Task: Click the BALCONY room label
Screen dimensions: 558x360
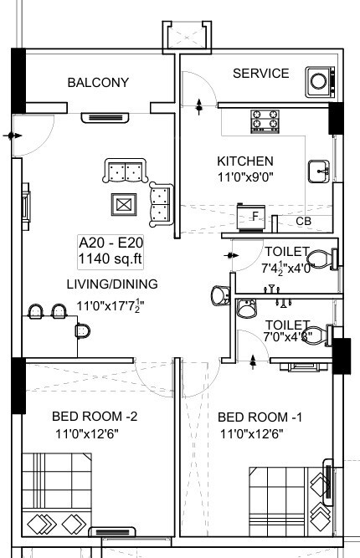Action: tap(98, 82)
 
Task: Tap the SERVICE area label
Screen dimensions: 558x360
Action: tap(260, 74)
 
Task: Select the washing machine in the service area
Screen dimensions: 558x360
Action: tap(319, 80)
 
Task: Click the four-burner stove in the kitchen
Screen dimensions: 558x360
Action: tap(265, 122)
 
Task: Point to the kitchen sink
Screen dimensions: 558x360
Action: tap(318, 171)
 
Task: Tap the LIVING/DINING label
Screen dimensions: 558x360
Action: tap(111, 284)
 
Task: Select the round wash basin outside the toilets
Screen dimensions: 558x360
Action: tap(219, 296)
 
